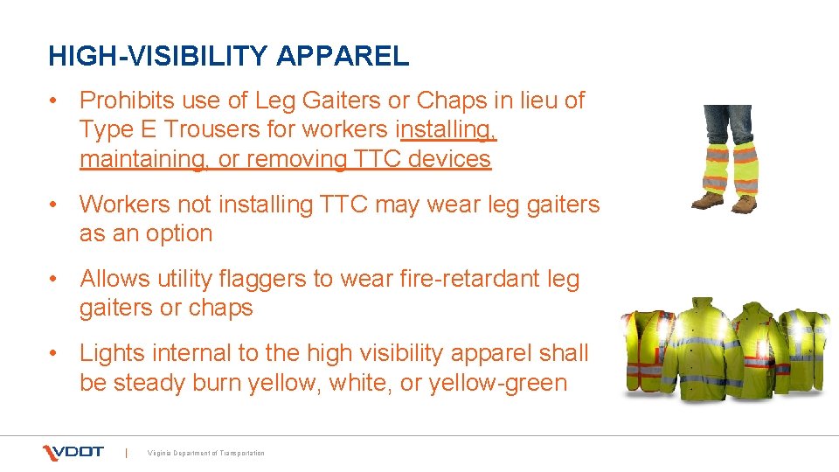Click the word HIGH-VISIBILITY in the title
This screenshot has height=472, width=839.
pyautogui.click(x=159, y=57)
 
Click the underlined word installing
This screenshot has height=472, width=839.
pyautogui.click(x=447, y=129)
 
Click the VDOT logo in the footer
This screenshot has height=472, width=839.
pyautogui.click(x=73, y=452)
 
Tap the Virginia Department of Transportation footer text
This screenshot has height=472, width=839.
pyautogui.click(x=206, y=453)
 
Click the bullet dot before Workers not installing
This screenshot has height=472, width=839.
pyautogui.click(x=54, y=205)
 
